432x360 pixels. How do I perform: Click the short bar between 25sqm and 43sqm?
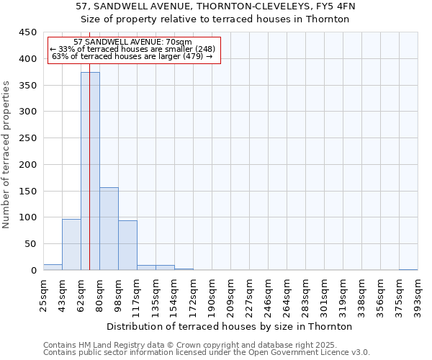(53, 267)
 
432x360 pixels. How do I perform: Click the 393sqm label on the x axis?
(418, 294)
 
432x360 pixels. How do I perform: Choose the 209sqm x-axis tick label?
(230, 294)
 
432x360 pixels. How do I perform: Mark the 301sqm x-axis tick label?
(324, 294)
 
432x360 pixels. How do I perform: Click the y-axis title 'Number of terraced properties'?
(7, 155)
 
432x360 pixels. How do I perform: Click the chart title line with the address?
(215, 6)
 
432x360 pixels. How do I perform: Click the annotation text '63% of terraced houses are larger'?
(132, 56)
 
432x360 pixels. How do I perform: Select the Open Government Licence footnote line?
(207, 353)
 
